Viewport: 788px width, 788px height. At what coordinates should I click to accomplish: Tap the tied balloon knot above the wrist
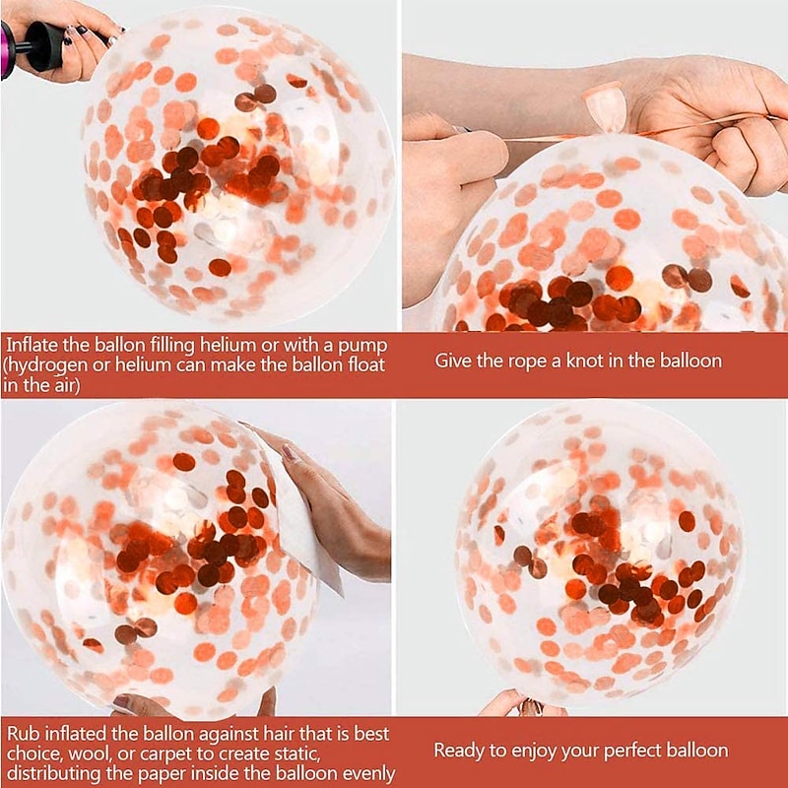pos(606,107)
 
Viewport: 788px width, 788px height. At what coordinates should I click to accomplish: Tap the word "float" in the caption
pos(366,364)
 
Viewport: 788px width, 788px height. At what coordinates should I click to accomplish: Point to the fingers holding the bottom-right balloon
pos(523,703)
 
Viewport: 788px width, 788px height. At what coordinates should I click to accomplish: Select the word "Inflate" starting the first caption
pos(33,346)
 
